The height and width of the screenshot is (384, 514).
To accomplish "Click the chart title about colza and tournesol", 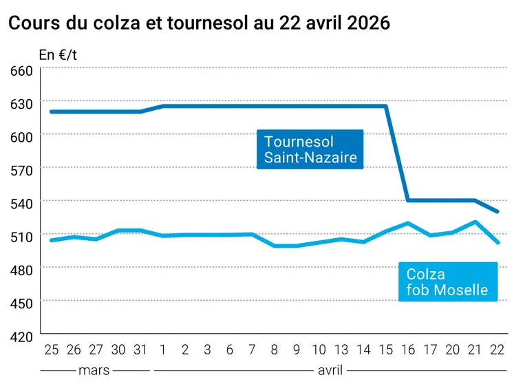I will click(199, 23).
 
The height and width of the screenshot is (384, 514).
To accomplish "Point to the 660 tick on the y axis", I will click(23, 71).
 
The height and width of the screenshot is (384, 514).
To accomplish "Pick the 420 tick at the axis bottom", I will click(23, 337).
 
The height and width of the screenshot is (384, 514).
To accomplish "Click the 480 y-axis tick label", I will click(23, 270).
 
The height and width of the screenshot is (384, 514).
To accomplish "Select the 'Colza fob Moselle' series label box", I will click(447, 282).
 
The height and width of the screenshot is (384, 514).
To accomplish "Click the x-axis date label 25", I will click(52, 350).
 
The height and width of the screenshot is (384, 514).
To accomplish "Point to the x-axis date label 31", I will click(140, 350).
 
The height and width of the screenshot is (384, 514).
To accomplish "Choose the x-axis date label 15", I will click(385, 350).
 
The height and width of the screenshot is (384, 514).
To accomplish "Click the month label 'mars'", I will click(94, 370).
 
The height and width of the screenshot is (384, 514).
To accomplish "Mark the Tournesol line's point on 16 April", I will click(408, 200).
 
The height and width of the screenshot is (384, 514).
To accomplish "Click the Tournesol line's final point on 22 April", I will click(497, 211).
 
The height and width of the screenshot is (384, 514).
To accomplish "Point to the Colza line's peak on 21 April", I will click(475, 222).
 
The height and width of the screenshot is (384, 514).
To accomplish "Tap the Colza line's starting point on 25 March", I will click(52, 240).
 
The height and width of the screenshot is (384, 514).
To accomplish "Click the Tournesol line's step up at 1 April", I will click(163, 106).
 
